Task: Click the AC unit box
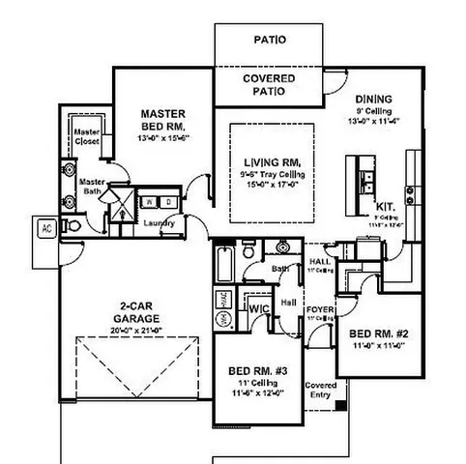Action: click(45, 229)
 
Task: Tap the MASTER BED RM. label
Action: click(162, 120)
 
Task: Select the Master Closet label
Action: click(87, 135)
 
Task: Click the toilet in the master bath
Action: click(72, 224)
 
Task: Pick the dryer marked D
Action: click(168, 201)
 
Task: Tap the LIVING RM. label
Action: click(270, 161)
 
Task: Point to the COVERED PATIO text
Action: click(269, 84)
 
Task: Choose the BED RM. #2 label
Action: click(382, 333)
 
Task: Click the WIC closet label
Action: click(258, 307)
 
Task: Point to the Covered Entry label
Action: click(321, 390)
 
